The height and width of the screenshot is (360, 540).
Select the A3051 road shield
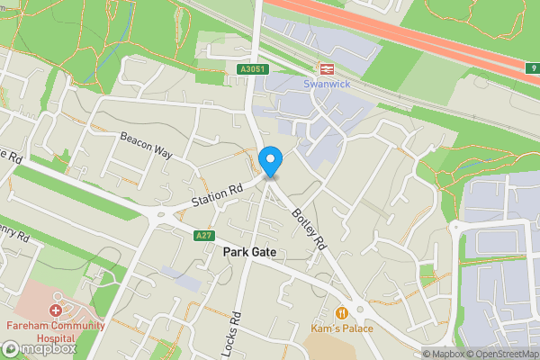254,69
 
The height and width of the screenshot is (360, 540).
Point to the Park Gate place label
249,254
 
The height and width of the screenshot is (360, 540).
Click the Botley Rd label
308,229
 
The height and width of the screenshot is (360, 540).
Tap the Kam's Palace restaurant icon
341,312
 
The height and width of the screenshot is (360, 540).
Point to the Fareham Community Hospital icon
56,310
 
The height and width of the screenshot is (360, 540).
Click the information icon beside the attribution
427,354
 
